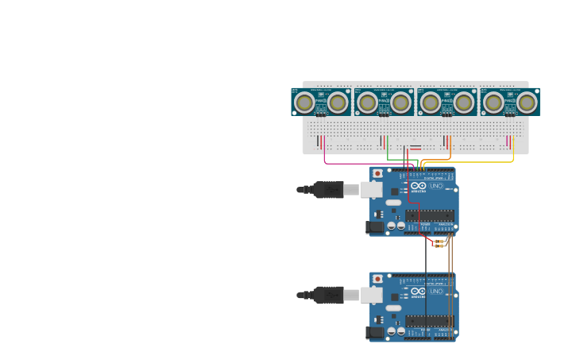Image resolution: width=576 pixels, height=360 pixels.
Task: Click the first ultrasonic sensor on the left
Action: pos(321,102)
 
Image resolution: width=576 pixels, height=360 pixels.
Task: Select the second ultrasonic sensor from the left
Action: pos(384,102)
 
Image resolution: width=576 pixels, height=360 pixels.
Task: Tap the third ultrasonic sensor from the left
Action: pos(446,102)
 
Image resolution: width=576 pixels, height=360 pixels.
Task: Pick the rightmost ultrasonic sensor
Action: pos(509,102)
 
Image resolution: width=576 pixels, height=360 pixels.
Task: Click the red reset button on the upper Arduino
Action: pos(377,173)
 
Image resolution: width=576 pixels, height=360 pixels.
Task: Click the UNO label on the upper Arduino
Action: pos(436,185)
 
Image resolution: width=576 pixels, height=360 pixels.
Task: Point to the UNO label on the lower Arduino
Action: pos(436,291)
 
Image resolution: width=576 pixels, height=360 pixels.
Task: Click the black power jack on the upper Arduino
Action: pos(374,227)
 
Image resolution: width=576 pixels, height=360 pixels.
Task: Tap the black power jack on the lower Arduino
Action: pos(375,333)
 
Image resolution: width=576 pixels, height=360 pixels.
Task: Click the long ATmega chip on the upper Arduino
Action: pos(430,215)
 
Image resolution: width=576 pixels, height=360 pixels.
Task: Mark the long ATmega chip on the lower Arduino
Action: pos(430,321)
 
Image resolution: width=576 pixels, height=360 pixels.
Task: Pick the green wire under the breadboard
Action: pos(401,159)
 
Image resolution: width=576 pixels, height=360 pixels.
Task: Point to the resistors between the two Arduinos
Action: pos(439,243)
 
